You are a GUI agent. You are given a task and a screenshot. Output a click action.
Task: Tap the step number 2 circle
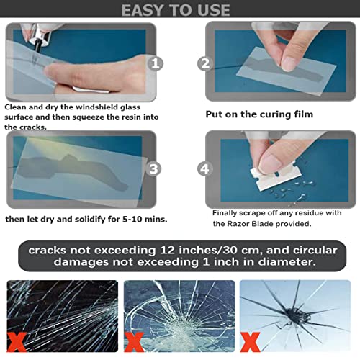[x=205, y=63]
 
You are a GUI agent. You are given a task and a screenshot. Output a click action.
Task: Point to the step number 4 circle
[x=206, y=170]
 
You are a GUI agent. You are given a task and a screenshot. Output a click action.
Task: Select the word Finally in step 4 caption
[x=228, y=213]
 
